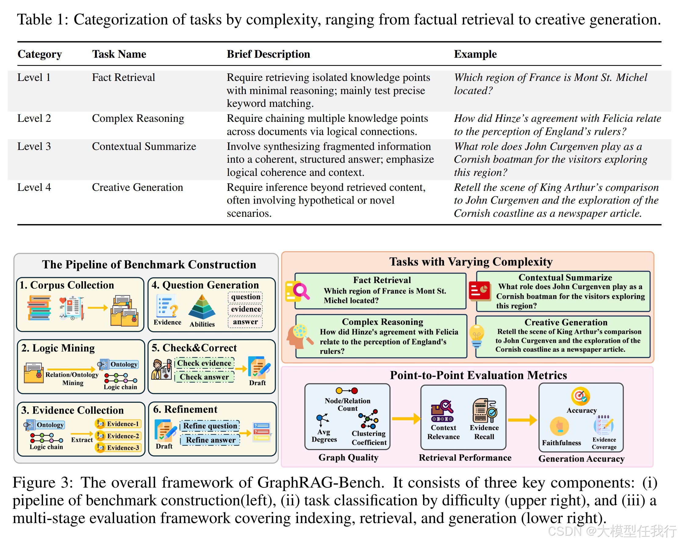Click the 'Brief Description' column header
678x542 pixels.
click(268, 54)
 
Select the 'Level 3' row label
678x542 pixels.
click(34, 146)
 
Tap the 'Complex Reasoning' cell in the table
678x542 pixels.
click(138, 118)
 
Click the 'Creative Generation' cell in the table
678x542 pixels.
click(137, 187)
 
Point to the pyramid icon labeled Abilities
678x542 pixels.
click(202, 307)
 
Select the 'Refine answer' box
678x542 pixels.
click(210, 440)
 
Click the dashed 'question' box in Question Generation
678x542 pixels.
click(245, 297)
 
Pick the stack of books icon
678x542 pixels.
click(39, 307)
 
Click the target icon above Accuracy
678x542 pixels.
click(580, 396)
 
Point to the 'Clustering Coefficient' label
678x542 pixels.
click(369, 438)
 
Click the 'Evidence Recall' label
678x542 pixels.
click(484, 432)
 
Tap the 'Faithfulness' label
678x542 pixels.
click(561, 442)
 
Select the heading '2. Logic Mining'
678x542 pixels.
click(58, 348)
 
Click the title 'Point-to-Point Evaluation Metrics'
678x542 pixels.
click(478, 375)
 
